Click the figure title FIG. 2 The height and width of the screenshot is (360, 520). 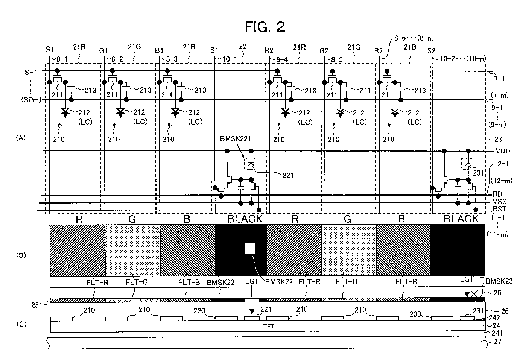tap(265, 27)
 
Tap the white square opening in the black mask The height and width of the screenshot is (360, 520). tap(250, 249)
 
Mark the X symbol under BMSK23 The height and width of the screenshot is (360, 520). tap(474, 294)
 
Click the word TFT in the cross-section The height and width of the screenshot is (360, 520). tap(268, 326)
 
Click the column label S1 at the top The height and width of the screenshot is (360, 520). tap(214, 50)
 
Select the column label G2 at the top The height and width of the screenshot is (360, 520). tap(324, 50)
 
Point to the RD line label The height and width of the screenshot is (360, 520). tap(497, 194)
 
